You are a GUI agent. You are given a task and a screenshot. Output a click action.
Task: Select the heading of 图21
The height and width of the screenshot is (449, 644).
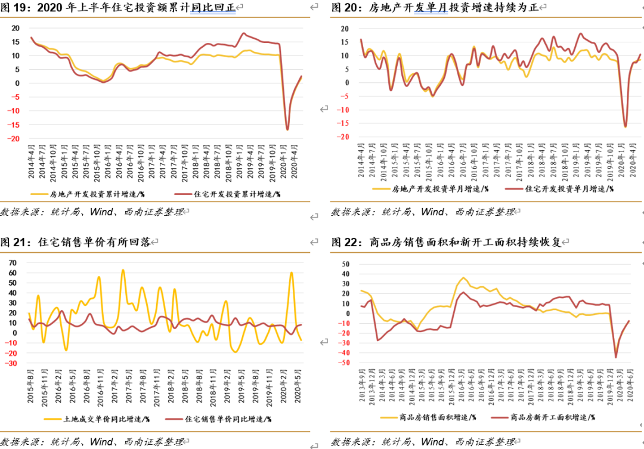[78, 242]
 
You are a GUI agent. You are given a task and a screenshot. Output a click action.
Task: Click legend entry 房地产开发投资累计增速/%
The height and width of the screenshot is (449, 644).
[89, 194]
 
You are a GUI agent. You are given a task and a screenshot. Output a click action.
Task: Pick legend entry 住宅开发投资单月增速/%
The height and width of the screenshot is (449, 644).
[561, 188]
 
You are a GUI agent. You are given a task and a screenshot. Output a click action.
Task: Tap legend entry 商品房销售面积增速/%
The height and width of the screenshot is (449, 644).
[435, 417]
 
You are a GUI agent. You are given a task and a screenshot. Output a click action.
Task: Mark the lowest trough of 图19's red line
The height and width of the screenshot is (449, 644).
[287, 129]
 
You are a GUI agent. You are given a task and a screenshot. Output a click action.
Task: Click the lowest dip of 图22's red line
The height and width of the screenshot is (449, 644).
[616, 357]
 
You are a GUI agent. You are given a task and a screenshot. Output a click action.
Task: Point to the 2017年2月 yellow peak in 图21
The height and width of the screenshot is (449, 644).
[123, 270]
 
